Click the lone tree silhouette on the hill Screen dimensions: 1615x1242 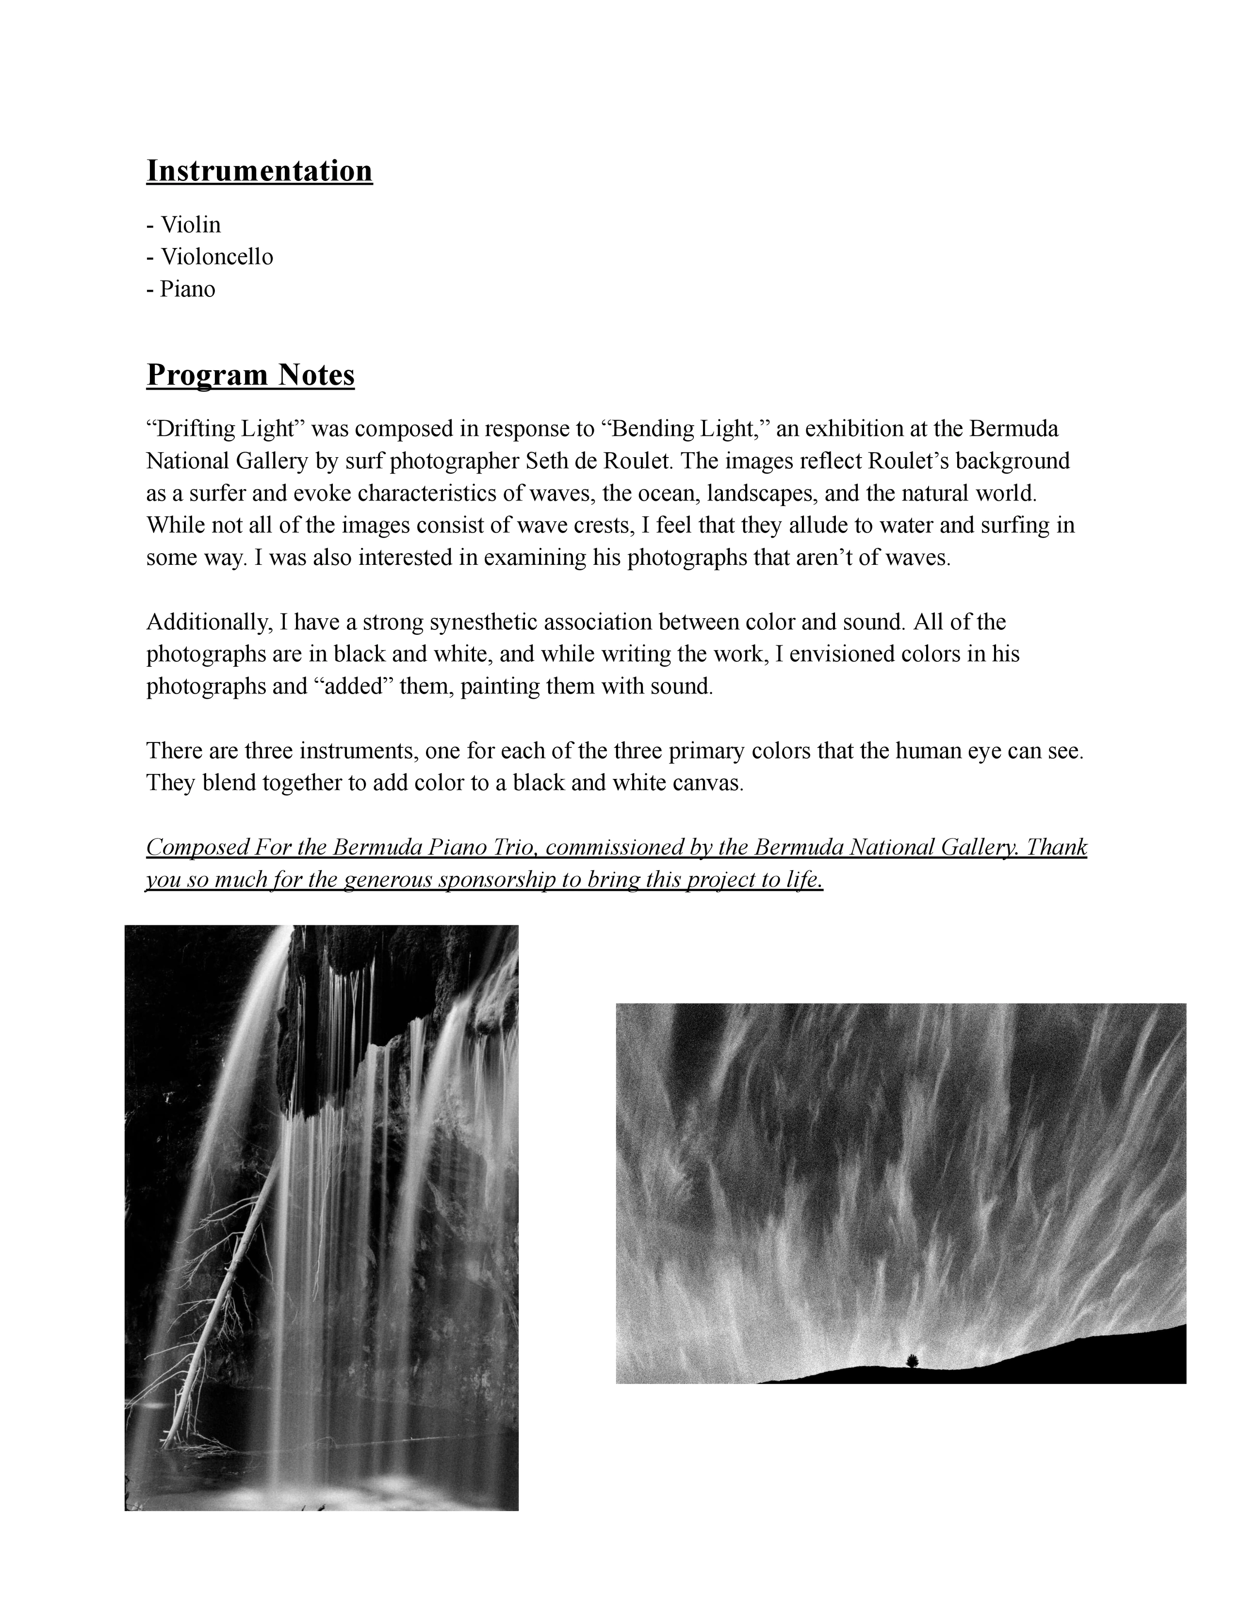tap(912, 1361)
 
